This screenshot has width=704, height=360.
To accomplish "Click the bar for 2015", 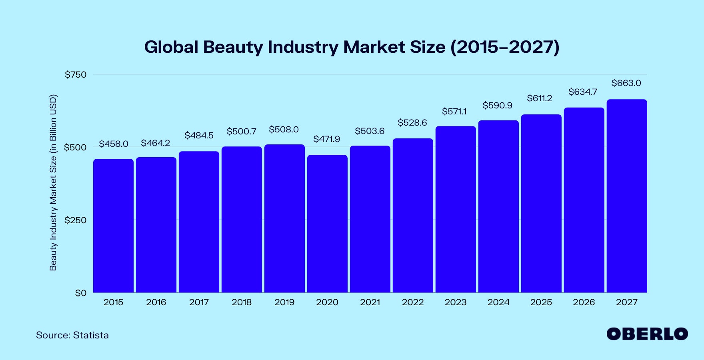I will pyautogui.click(x=113, y=226).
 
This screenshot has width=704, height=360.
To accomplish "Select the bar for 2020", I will pyautogui.click(x=327, y=224).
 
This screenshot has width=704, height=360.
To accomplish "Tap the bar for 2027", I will pyautogui.click(x=626, y=196).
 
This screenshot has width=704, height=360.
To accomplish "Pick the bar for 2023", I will pyautogui.click(x=456, y=209).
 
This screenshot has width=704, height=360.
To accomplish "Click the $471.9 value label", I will pyautogui.click(x=326, y=139).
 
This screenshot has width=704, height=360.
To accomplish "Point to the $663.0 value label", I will pyautogui.click(x=626, y=83).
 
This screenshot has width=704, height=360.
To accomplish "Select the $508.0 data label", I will pyautogui.click(x=284, y=130).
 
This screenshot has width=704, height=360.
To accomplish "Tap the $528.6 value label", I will pyautogui.click(x=412, y=123).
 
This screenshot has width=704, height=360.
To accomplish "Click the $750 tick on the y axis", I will pyautogui.click(x=76, y=75).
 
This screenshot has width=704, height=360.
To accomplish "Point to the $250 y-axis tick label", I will pyautogui.click(x=76, y=220).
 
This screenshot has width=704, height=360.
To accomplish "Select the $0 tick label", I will pyautogui.click(x=80, y=293).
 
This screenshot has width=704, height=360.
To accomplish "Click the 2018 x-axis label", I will pyautogui.click(x=242, y=302).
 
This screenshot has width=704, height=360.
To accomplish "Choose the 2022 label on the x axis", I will pyautogui.click(x=413, y=302).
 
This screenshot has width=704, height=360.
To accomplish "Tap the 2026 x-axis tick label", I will pyautogui.click(x=584, y=302).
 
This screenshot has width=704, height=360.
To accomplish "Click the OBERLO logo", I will pyautogui.click(x=647, y=334).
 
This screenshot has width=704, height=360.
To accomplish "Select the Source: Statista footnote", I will pyautogui.click(x=72, y=335).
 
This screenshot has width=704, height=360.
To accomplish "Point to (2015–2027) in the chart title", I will pyautogui.click(x=505, y=47).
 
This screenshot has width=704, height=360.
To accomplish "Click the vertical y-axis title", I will pyautogui.click(x=53, y=182).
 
